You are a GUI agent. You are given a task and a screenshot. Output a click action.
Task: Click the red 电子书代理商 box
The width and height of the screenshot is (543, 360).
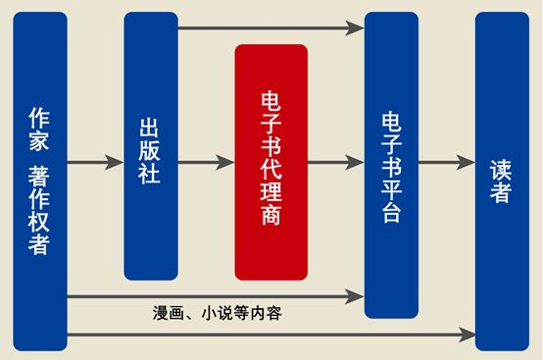coord(271,162)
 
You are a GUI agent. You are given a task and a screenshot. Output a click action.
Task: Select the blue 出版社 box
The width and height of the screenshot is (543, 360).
coord(150,147)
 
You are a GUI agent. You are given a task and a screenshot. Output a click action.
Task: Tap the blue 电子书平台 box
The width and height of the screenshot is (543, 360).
coord(391,165)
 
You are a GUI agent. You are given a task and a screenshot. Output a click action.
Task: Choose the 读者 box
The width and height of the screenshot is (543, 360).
coord(501,181)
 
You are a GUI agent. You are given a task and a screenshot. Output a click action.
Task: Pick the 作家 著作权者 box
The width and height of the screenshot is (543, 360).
coord(39,181)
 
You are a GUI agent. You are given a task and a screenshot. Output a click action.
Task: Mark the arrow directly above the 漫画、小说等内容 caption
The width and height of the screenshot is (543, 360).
coord(216,294)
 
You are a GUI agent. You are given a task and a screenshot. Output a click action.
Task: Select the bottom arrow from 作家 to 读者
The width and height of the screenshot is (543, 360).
coord(270,335)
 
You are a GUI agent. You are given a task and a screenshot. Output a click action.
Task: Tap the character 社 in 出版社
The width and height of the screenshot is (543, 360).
coord(150,175)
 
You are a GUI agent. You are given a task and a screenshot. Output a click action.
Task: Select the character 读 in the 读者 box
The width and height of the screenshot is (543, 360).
coord(501,168)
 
